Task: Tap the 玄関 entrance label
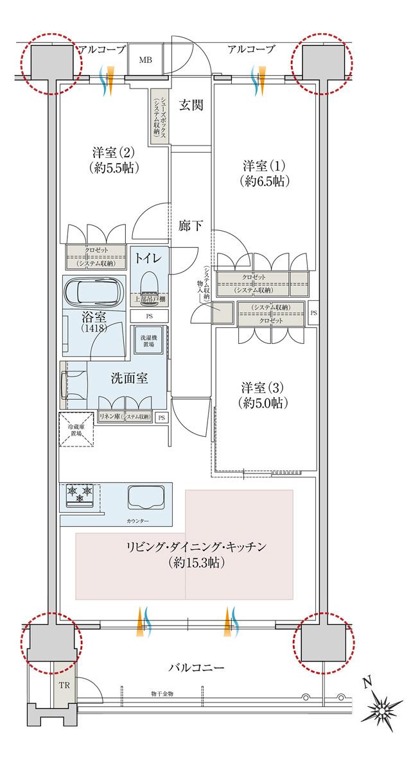(x=191, y=105)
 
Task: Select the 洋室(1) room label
(x=263, y=172)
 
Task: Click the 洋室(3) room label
(x=263, y=395)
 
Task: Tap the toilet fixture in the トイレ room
(x=149, y=283)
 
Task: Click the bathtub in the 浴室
(x=94, y=293)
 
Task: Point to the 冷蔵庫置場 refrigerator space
(x=78, y=429)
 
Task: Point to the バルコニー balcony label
(x=197, y=668)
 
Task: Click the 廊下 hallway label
(x=191, y=225)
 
